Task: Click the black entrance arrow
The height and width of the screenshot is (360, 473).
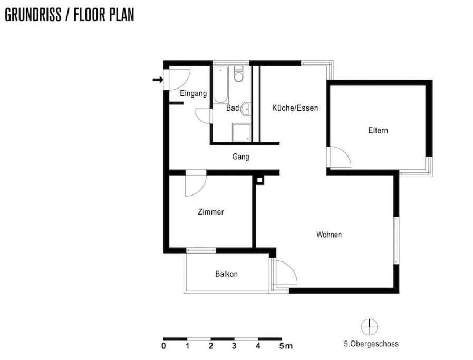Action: click(x=158, y=80)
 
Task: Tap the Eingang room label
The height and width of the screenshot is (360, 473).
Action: click(x=194, y=93)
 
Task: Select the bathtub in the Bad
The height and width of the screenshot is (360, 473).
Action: click(x=221, y=85)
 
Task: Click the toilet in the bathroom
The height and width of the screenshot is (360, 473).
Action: click(x=239, y=74)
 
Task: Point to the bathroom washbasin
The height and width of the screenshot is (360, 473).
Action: click(x=246, y=109)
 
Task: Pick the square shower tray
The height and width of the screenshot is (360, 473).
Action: click(x=242, y=132)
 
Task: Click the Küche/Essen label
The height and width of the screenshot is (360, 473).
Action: click(x=295, y=108)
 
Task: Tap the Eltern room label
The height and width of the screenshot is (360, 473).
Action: click(x=378, y=130)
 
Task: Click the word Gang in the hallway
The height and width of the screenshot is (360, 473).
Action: click(x=241, y=157)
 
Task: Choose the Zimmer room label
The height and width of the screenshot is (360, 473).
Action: click(x=211, y=212)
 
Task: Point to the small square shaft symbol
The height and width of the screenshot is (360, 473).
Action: click(x=259, y=180)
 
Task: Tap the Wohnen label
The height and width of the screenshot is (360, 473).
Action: click(x=329, y=235)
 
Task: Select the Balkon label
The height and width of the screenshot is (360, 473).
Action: click(x=227, y=274)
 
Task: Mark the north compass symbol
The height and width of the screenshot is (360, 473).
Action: click(x=370, y=327)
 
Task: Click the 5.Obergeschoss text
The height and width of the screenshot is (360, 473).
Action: click(x=371, y=344)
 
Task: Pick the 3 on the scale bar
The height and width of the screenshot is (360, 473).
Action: click(x=234, y=346)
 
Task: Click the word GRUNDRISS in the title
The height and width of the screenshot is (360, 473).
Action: click(x=33, y=15)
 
